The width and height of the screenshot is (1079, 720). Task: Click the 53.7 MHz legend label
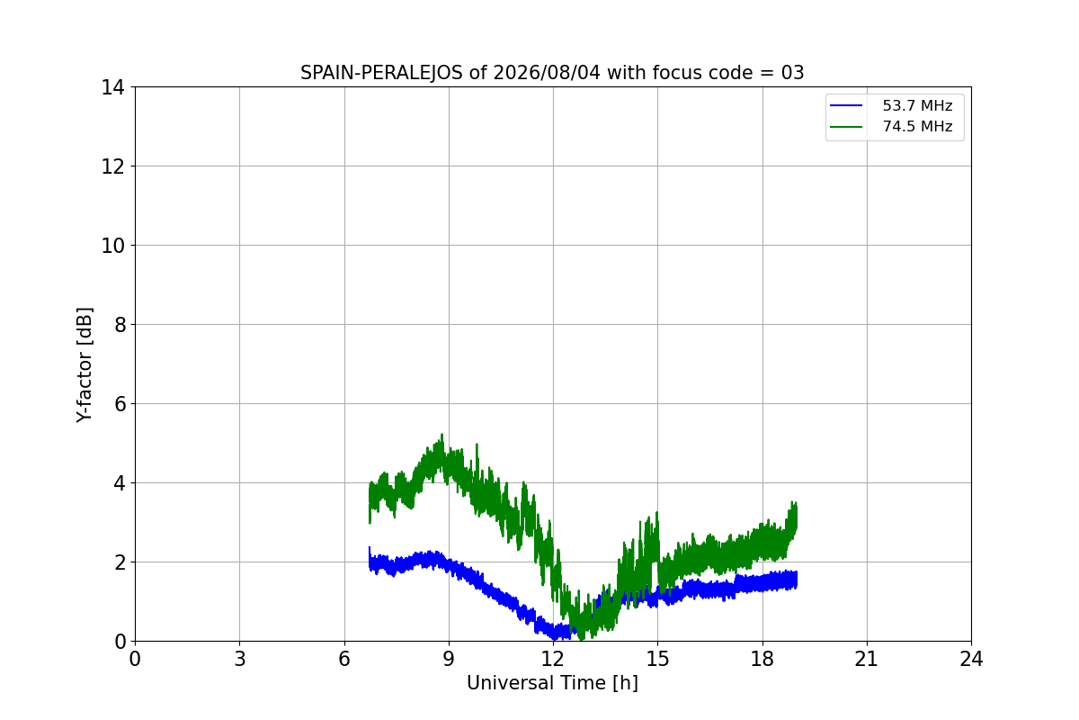(917, 105)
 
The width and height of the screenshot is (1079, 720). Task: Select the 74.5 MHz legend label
(917, 126)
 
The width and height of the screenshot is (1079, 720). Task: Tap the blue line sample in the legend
(846, 105)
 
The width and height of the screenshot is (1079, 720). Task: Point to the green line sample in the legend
(846, 127)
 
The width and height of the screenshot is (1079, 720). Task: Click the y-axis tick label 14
(112, 88)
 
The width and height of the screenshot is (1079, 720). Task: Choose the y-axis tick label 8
(120, 326)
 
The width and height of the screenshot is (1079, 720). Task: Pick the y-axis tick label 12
(112, 166)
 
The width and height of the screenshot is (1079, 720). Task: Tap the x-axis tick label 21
(867, 659)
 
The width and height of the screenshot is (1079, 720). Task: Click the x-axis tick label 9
(449, 659)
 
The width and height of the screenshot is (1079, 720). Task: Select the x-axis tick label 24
(971, 659)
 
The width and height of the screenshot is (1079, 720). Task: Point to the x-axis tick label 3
(240, 659)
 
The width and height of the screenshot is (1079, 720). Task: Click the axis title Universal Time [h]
(552, 683)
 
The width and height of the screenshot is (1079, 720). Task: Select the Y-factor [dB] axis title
(85, 365)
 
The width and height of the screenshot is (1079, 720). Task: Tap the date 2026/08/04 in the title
(548, 73)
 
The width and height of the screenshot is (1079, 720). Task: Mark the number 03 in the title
(793, 73)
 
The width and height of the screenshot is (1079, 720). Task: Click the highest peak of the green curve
(441, 434)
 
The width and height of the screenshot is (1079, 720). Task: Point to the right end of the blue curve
(797, 580)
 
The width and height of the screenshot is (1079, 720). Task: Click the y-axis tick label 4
(120, 483)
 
